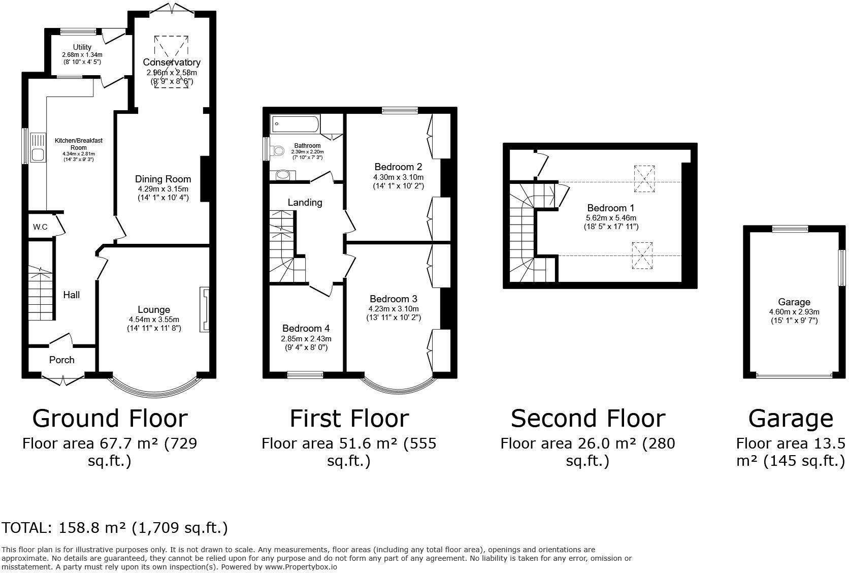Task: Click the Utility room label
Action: [82, 47]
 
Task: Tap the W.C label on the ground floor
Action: [40, 227]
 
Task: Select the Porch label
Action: [62, 360]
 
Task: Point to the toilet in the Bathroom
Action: [277, 150]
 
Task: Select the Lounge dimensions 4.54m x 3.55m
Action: [154, 320]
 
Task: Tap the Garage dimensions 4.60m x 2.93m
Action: [794, 312]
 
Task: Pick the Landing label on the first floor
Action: [305, 202]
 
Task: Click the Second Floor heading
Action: [587, 419]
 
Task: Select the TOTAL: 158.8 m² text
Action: [115, 528]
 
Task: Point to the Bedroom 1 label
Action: [611, 208]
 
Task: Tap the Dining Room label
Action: [163, 179]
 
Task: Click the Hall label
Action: [72, 295]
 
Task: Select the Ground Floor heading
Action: [110, 419]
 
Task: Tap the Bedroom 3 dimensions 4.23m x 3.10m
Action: [394, 308]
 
